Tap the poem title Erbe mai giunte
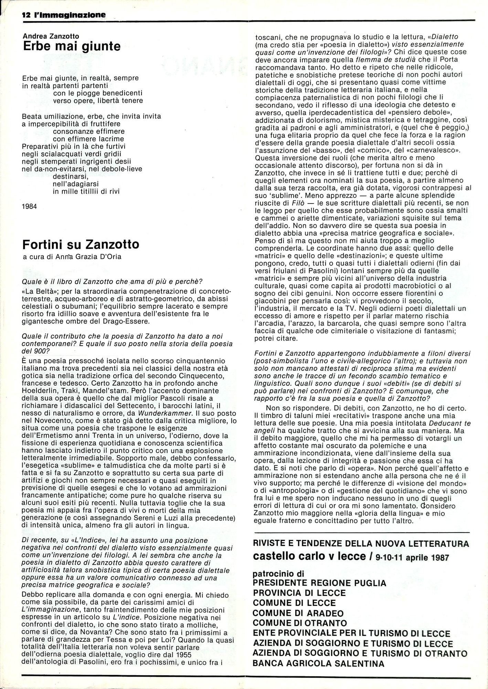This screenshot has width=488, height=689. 72,46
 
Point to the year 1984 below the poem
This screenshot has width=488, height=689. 29,206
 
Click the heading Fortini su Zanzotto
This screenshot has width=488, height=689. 81,244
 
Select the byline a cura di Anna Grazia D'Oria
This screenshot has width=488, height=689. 67,257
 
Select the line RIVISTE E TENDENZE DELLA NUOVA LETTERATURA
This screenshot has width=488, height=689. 361,544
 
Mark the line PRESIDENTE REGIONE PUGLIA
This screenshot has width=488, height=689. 319,583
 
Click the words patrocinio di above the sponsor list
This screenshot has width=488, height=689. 278,574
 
